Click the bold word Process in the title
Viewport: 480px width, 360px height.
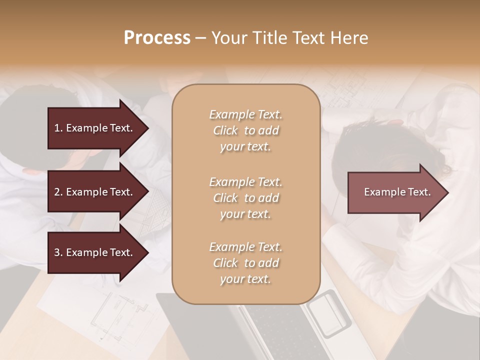(157, 37)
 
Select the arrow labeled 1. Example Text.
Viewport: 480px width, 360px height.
(97, 128)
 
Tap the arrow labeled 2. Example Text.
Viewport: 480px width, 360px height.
(97, 192)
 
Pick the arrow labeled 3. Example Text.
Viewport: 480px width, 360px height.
(97, 252)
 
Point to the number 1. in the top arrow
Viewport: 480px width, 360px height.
(58, 128)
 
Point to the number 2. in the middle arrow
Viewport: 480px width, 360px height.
(58, 192)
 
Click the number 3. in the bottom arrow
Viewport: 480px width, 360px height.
(58, 252)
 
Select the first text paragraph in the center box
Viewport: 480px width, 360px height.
(245, 130)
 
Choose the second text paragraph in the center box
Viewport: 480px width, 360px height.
(245, 198)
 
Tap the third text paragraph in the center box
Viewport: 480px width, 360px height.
(245, 263)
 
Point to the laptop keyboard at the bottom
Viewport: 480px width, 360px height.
(275, 330)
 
